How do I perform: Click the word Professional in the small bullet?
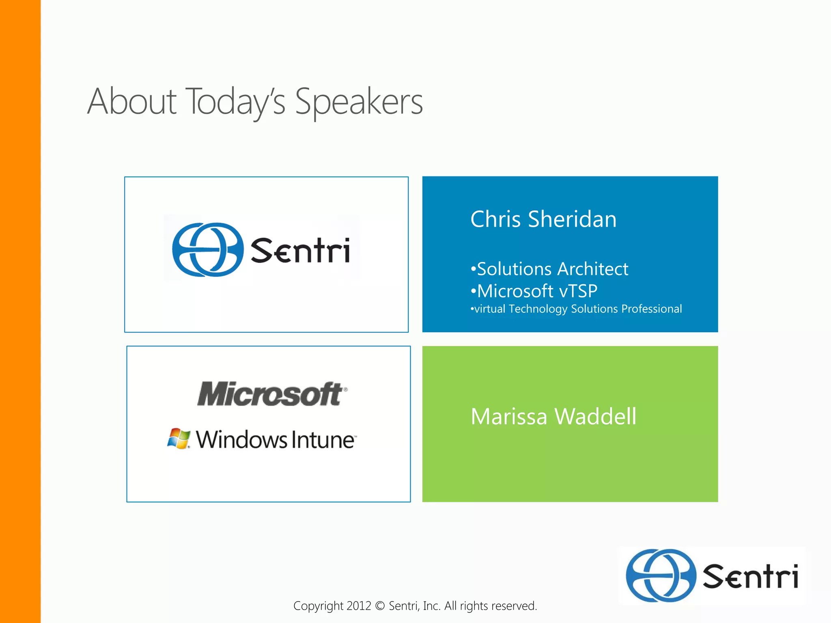point(651,309)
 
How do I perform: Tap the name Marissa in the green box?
point(509,417)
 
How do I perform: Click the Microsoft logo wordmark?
point(271,394)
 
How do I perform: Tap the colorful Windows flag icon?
point(179,438)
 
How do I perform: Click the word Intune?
point(323,440)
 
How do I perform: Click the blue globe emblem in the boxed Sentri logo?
point(207,250)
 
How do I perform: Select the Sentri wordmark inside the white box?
point(300,251)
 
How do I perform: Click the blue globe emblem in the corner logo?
point(661,576)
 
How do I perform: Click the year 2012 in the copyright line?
point(359,606)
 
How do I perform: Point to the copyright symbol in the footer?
point(380,606)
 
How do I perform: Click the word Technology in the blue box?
point(538,309)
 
